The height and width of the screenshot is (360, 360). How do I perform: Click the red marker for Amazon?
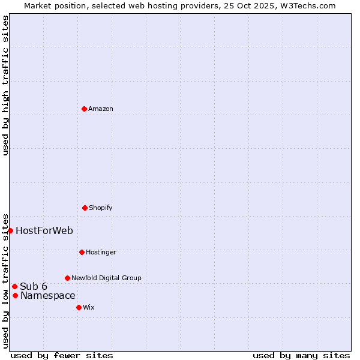84,109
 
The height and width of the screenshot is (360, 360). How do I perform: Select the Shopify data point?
85,208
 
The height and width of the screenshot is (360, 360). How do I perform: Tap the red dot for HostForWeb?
10,230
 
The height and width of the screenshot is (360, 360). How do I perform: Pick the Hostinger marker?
82,252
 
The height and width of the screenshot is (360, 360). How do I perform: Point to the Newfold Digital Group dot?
67,278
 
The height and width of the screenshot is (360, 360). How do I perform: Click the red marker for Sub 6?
14,286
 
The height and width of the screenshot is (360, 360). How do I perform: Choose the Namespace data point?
15,295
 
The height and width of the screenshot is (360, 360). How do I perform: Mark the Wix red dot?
79,307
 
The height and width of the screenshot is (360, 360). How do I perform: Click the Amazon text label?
101,109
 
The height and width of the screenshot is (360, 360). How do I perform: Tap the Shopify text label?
101,208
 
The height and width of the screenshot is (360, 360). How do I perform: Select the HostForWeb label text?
44,230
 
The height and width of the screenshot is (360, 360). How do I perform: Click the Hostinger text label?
101,252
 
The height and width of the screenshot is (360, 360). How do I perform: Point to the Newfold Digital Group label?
106,278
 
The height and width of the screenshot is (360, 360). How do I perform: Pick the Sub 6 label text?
34,286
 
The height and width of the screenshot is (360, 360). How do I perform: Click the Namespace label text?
48,295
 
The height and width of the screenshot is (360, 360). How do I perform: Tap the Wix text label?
89,307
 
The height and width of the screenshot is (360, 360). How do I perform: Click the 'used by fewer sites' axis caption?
62,355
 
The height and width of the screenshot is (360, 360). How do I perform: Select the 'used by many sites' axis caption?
301,355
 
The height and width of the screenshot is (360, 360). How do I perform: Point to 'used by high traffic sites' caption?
5,85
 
